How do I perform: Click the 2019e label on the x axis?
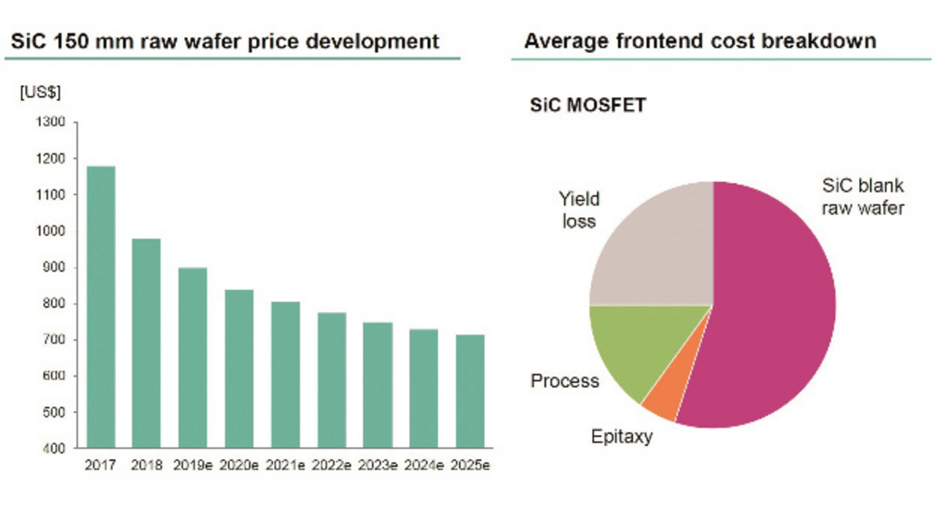click(193, 466)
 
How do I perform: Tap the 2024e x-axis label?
click(424, 466)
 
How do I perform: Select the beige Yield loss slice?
click(653, 250)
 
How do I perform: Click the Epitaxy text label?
click(621, 437)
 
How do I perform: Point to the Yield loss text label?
click(579, 210)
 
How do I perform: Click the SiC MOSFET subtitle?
click(588, 106)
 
